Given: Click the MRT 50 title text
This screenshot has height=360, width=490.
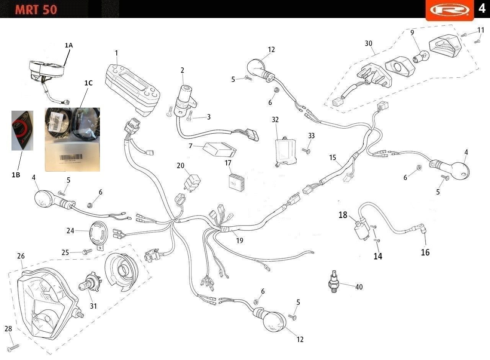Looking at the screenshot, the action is click(x=36, y=9).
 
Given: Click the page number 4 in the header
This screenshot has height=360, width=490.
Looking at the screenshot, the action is click(x=481, y=8).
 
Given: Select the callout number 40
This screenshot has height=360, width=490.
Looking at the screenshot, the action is click(x=359, y=287).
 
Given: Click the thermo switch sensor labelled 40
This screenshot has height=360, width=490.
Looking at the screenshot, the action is click(x=333, y=283).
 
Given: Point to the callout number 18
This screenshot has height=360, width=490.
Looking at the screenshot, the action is click(x=343, y=215).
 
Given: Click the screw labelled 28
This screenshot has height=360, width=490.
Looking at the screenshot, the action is click(x=13, y=347).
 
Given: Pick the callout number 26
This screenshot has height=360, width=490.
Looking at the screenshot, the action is click(x=21, y=256).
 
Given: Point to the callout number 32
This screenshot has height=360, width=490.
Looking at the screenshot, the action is click(x=275, y=119).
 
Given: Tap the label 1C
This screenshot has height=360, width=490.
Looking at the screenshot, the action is click(x=88, y=82).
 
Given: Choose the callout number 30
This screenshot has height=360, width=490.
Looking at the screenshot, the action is click(x=368, y=43).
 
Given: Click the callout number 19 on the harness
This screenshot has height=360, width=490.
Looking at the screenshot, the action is click(x=240, y=241).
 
